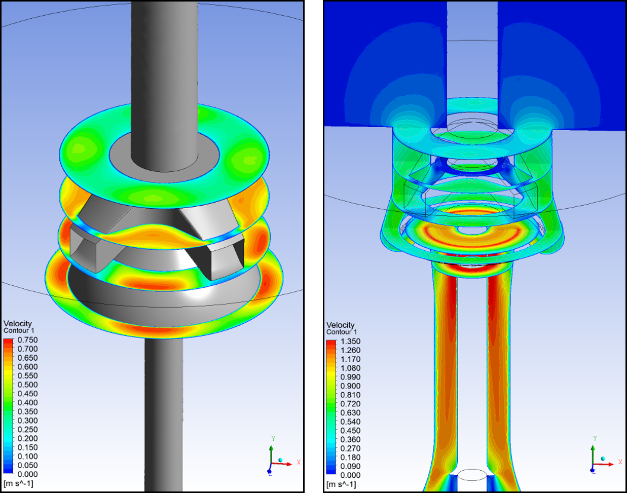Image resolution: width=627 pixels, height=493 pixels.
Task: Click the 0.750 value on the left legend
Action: coord(28,340)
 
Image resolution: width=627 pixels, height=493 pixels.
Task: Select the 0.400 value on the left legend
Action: coord(28,402)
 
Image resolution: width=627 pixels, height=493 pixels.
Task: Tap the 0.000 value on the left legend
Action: coord(28,474)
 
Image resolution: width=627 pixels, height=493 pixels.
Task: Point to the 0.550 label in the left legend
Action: coord(28,375)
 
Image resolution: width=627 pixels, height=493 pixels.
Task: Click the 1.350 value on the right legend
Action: coord(351,341)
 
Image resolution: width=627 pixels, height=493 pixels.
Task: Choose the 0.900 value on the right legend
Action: coord(351,386)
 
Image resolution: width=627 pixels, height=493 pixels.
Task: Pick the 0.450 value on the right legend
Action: coord(351,430)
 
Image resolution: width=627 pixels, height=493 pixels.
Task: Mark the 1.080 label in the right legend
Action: coord(351,368)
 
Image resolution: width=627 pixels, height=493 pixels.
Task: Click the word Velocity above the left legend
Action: coord(17,324)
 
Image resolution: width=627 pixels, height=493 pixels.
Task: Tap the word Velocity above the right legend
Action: coord(340,325)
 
